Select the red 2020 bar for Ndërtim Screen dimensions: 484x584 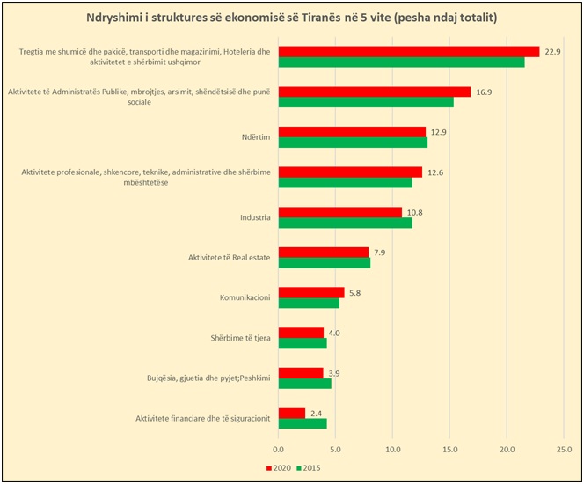[352, 132]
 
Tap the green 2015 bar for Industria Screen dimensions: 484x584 [345, 223]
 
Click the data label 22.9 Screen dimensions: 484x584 [553, 51]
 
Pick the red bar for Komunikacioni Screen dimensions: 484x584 [311, 292]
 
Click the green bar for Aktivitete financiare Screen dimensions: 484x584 [303, 423]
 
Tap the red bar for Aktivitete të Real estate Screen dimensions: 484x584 [324, 253]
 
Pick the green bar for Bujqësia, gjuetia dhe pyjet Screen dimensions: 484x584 [304, 383]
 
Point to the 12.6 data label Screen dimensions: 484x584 [435, 172]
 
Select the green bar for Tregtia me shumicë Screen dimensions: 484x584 [401, 62]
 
